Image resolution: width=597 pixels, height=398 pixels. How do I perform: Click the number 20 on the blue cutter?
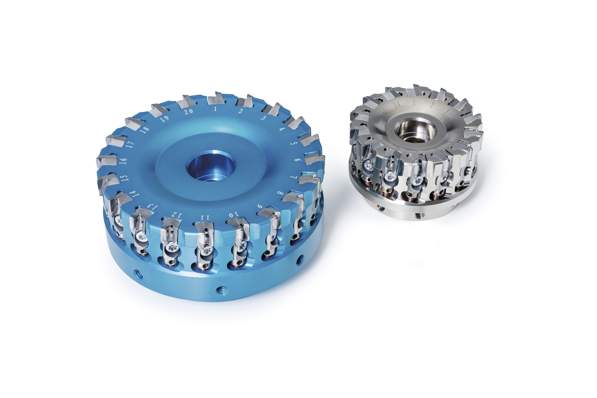click(188, 111)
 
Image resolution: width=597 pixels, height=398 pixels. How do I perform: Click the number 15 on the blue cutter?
click(124, 178)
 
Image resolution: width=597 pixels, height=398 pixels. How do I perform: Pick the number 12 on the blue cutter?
click(176, 215)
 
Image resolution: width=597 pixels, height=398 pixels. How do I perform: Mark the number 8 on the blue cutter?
click(280, 193)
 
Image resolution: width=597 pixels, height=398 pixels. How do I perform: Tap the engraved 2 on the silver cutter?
click(432, 105)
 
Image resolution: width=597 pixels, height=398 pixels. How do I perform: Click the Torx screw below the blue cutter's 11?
click(206, 251)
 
